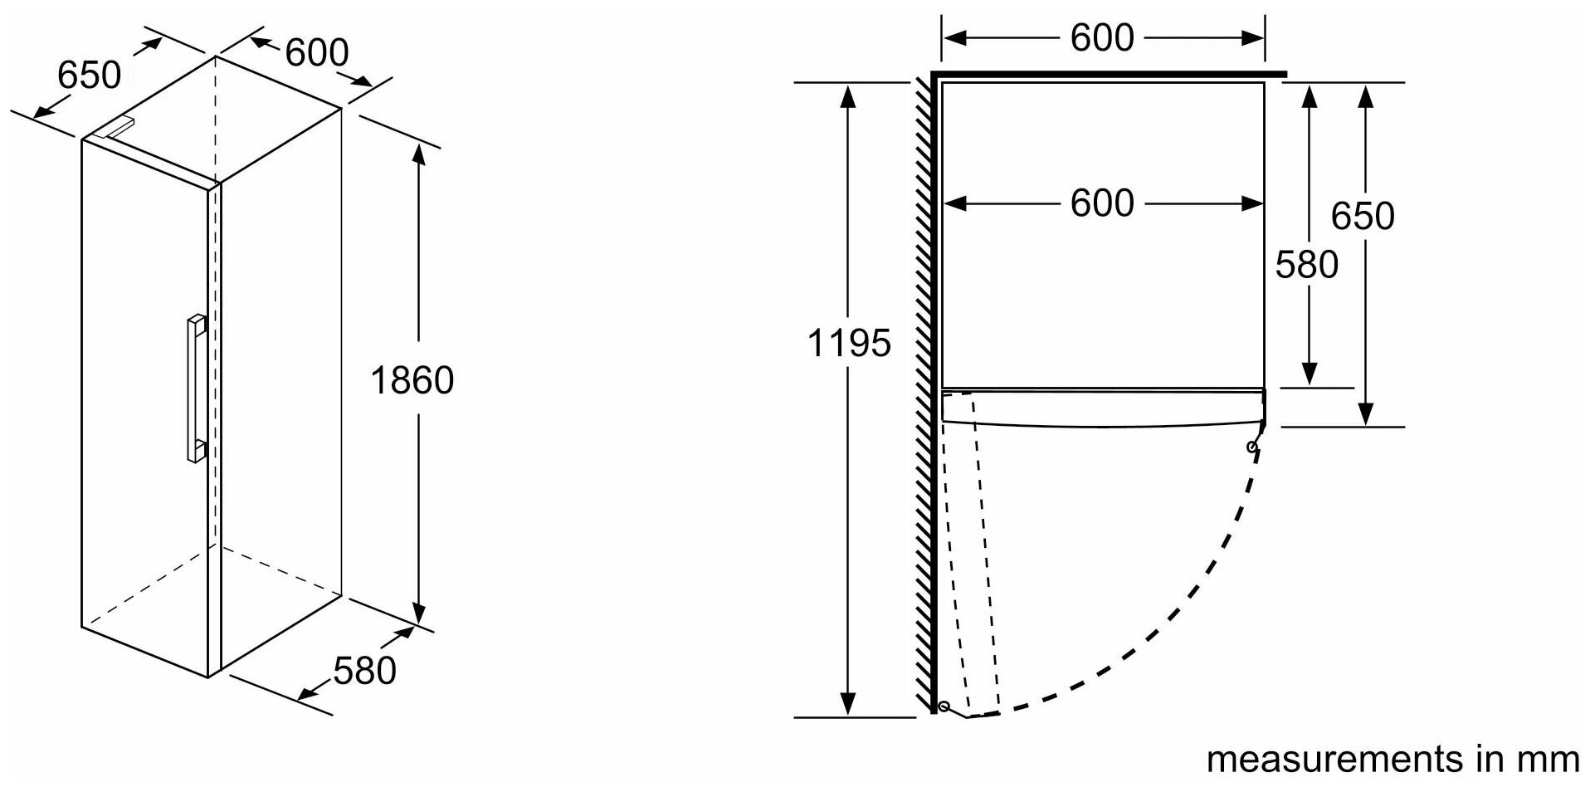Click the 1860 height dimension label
click(412, 380)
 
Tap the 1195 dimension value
click(848, 343)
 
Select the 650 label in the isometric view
click(89, 76)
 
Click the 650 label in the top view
click(1362, 217)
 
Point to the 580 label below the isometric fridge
click(364, 670)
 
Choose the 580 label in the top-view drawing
click(1306, 265)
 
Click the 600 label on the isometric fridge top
click(316, 53)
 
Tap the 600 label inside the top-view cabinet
click(1101, 203)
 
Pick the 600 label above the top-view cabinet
click(1101, 37)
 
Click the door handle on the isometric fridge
click(196, 387)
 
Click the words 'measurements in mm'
click(1392, 759)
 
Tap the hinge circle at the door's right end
click(1252, 447)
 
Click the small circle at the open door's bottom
click(944, 706)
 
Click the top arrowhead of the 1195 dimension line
click(847, 95)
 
